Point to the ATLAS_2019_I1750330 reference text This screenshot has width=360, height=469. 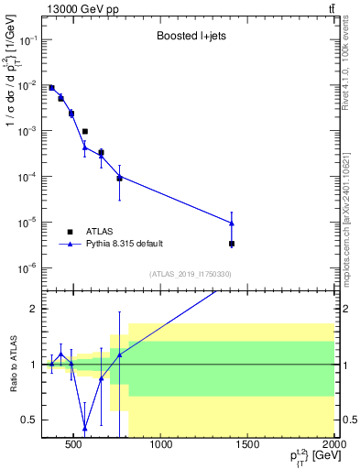click(190, 274)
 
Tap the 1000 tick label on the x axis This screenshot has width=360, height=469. click(161, 446)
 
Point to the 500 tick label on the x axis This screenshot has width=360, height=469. click(77, 446)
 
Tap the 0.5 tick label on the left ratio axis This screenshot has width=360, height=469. click(29, 420)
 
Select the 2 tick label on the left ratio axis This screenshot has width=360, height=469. click(33, 309)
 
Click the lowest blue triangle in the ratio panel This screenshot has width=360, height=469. click(84, 427)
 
